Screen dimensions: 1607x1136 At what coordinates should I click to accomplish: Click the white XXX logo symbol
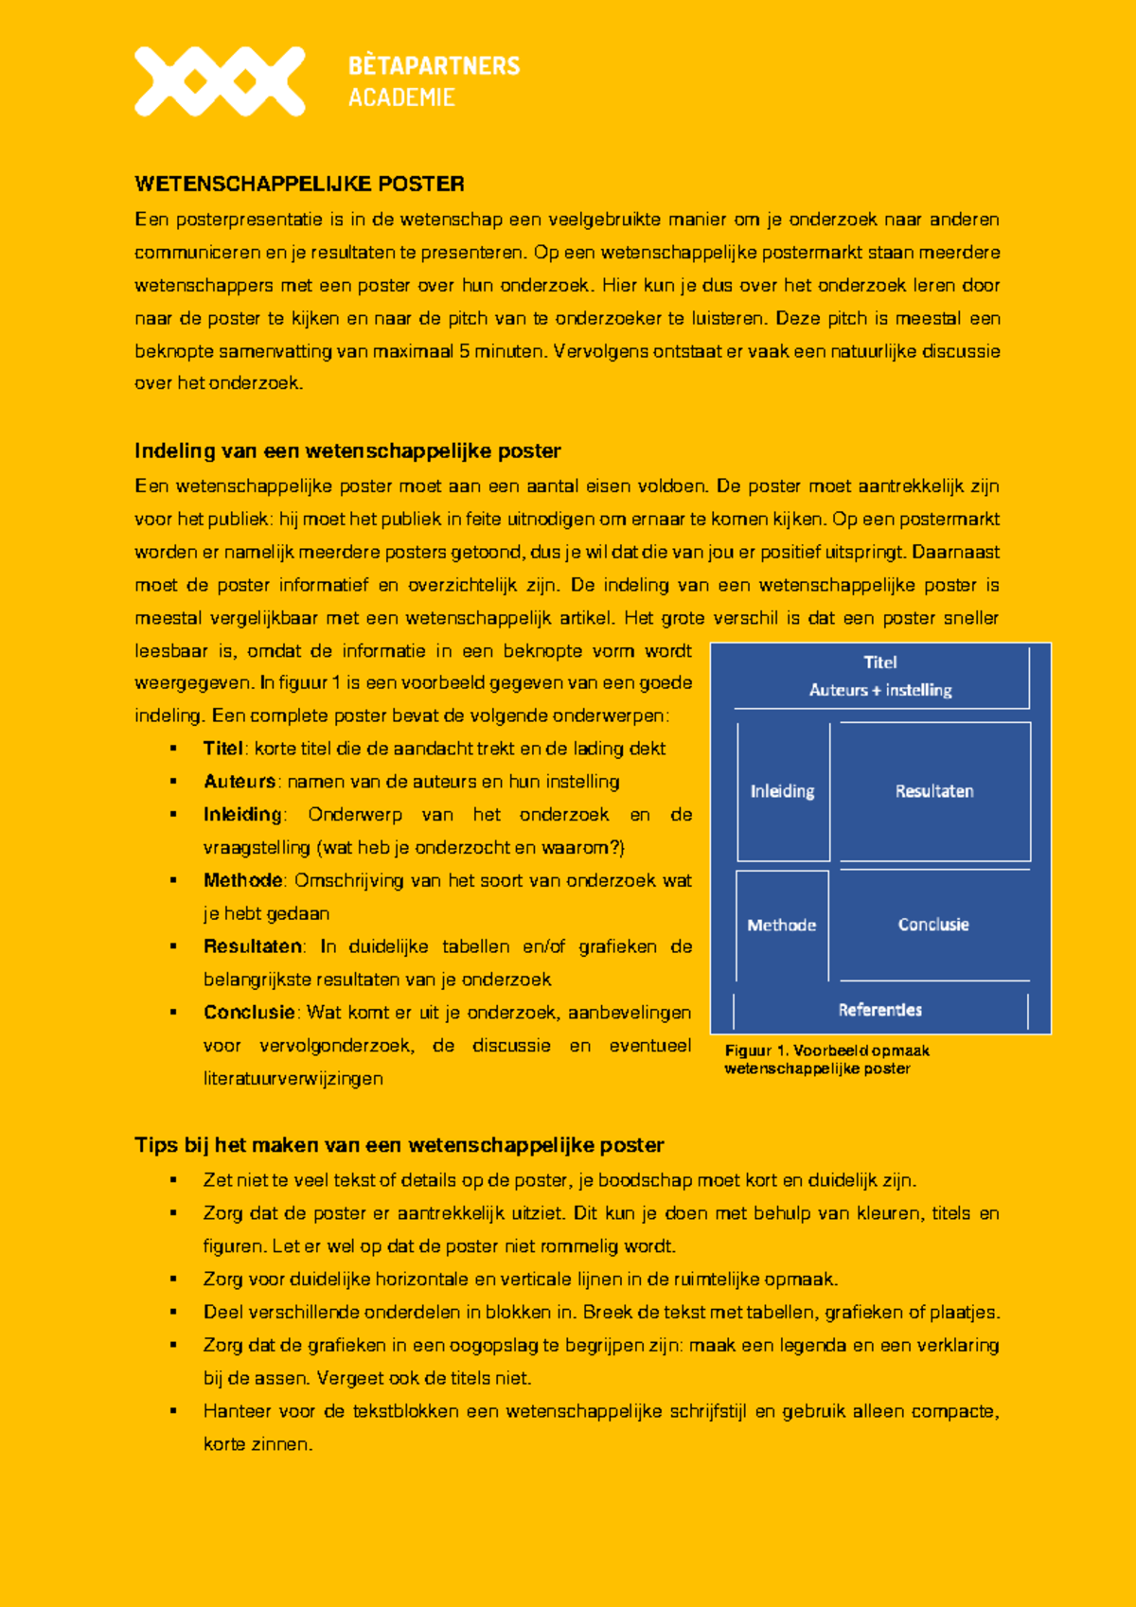coord(220,81)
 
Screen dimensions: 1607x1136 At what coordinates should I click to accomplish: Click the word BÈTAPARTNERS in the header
coord(434,65)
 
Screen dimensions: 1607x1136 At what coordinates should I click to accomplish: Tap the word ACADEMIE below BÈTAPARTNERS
coord(401,97)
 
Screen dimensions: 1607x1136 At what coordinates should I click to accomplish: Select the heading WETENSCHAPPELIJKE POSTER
coord(299,184)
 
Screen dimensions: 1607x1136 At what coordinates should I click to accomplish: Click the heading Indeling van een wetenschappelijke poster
coord(347,450)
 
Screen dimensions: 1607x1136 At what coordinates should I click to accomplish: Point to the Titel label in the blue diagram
coord(879,662)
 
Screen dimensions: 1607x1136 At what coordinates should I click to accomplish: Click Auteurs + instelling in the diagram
coord(880,690)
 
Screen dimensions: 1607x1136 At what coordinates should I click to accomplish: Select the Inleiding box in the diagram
coord(783,791)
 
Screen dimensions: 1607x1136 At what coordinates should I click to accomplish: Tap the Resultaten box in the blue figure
coord(934,791)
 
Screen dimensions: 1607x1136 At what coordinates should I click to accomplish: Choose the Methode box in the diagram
coord(782,925)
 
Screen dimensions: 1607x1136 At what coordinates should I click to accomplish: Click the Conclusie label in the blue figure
coord(933,925)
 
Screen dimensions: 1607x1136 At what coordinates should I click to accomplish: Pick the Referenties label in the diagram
coord(879,1010)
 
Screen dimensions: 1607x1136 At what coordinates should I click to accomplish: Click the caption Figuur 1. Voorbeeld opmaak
coord(826,1051)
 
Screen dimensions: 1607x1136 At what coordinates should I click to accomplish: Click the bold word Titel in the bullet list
coord(223,749)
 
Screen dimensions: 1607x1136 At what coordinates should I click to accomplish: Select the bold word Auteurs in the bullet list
coord(240,782)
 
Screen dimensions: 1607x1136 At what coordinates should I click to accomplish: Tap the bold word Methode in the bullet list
coord(242,880)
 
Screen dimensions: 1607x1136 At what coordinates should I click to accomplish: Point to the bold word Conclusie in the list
coord(249,1013)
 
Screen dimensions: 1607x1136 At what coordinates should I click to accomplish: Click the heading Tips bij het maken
coord(399,1145)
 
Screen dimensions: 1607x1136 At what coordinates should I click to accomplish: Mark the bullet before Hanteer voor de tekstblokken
coord(173,1411)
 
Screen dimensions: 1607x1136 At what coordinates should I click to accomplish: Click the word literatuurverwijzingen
coord(293,1079)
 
